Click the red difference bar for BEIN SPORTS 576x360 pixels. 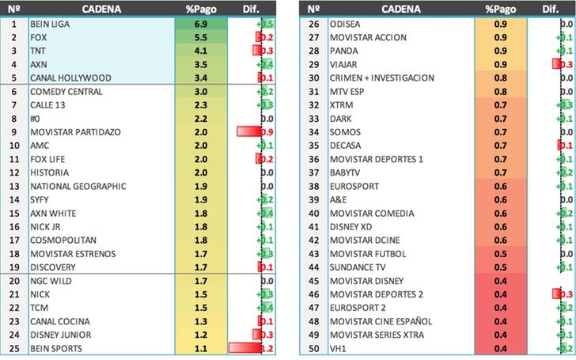(x=245, y=348)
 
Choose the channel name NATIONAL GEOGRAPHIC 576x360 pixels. (x=78, y=186)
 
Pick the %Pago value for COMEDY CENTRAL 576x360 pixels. (x=200, y=93)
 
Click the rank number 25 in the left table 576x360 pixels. (x=13, y=348)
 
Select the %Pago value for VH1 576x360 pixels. (x=500, y=348)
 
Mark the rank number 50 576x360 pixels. (x=313, y=348)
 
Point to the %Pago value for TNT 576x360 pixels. (x=200, y=50)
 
